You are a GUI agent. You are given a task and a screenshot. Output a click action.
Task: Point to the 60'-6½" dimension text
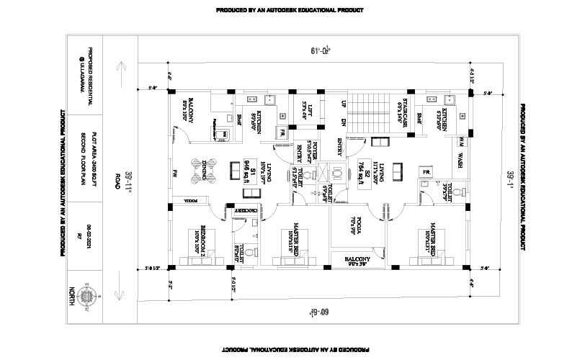(321, 312)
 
